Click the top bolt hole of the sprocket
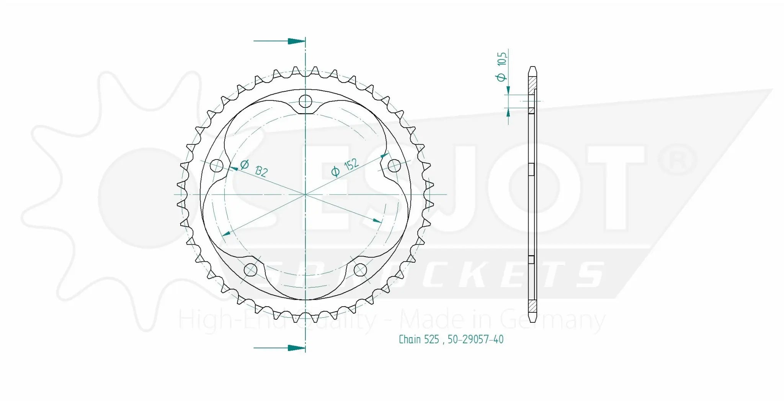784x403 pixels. [305, 101]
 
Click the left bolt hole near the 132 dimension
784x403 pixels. [217, 166]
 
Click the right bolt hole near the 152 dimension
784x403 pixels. [394, 166]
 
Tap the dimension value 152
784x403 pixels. [351, 165]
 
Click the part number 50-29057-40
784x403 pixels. [475, 340]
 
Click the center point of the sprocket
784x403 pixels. [305, 195]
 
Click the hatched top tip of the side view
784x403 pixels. [532, 82]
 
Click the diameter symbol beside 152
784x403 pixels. [335, 172]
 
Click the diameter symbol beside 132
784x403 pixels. [245, 164]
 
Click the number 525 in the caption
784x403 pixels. [431, 340]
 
